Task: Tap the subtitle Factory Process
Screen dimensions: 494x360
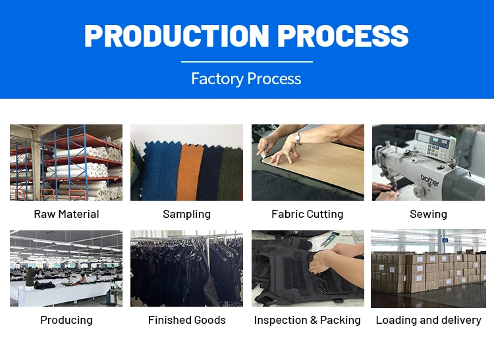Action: click(x=246, y=79)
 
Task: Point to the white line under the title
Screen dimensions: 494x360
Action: click(x=246, y=62)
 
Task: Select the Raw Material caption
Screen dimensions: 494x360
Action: click(x=66, y=214)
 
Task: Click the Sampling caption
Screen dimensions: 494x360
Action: click(x=186, y=214)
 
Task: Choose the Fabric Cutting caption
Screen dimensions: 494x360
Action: click(x=307, y=214)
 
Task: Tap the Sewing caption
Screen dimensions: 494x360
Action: click(x=428, y=214)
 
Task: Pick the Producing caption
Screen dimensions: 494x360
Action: click(x=66, y=320)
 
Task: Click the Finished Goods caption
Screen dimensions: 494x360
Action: click(x=186, y=320)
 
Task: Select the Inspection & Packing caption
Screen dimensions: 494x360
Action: click(x=307, y=320)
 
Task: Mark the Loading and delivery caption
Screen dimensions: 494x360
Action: click(x=428, y=320)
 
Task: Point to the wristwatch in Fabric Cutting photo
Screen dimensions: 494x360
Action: click(x=298, y=138)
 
